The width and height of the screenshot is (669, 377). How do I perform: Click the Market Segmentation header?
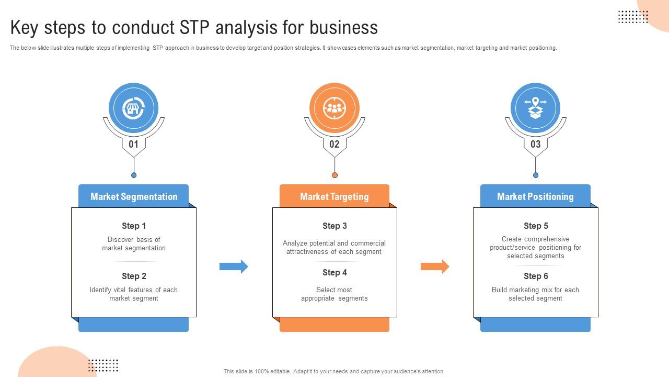pyautogui.click(x=134, y=196)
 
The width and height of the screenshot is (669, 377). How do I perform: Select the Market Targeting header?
pyautogui.click(x=334, y=196)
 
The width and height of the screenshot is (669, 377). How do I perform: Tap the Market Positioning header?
pyautogui.click(x=535, y=196)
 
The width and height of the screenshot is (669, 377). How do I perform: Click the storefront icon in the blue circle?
pyautogui.click(x=133, y=108)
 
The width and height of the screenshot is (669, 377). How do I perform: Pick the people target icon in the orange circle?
pyautogui.click(x=334, y=108)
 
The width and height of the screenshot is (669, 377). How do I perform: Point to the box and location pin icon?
pyautogui.click(x=535, y=108)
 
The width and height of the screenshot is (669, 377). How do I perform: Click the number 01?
pyautogui.click(x=133, y=144)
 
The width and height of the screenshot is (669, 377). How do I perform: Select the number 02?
pyautogui.click(x=334, y=144)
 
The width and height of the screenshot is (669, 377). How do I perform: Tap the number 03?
pyautogui.click(x=535, y=144)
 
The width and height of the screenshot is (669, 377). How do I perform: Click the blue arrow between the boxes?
pyautogui.click(x=234, y=267)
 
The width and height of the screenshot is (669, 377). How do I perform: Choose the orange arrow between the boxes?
pyautogui.click(x=435, y=267)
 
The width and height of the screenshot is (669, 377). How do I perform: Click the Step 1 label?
pyautogui.click(x=134, y=226)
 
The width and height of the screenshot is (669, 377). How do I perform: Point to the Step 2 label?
pyautogui.click(x=134, y=276)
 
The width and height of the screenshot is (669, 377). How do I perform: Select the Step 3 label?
pyautogui.click(x=334, y=226)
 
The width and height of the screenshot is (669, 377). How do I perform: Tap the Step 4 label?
pyautogui.click(x=334, y=272)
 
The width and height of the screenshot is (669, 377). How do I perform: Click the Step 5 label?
pyautogui.click(x=536, y=226)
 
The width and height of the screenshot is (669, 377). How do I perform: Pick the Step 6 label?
pyautogui.click(x=536, y=276)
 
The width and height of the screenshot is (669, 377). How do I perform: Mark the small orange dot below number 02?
pyautogui.click(x=334, y=175)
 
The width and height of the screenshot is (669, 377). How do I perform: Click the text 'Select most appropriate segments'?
pyautogui.click(x=334, y=294)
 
